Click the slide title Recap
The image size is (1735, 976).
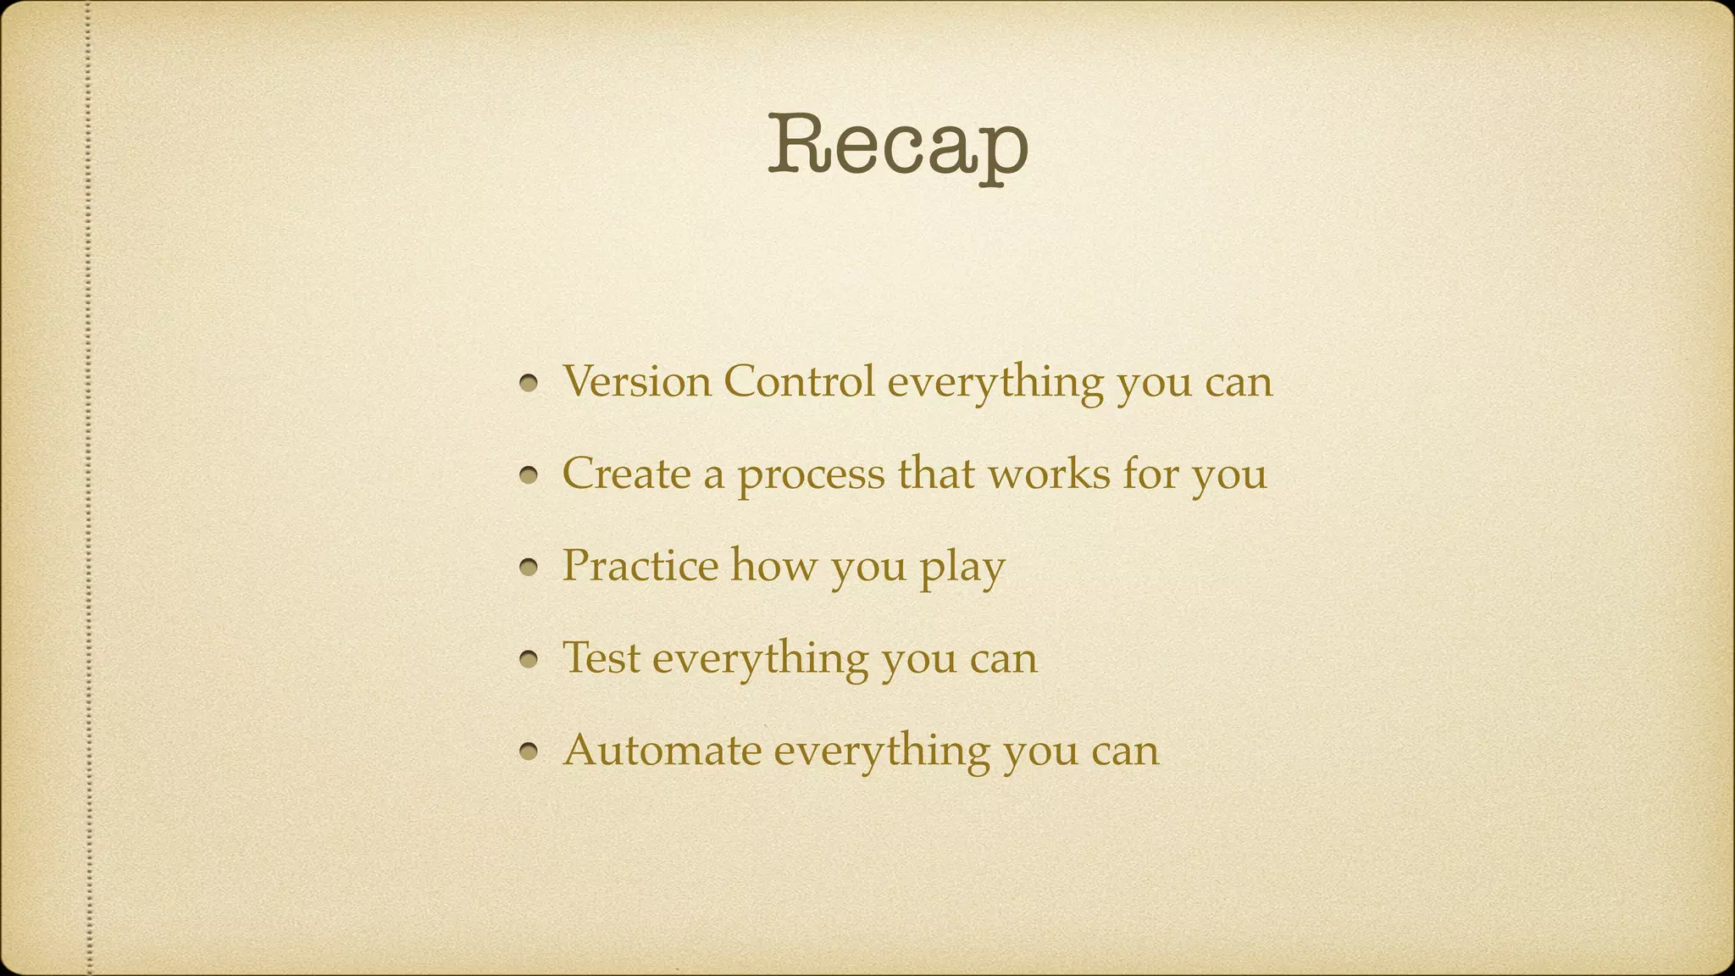pyautogui.click(x=898, y=146)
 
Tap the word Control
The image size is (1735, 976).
pyautogui.click(x=798, y=381)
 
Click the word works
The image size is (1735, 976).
pyautogui.click(x=1049, y=473)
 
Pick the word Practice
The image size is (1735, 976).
pyautogui.click(x=640, y=565)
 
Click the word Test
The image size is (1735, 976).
pyautogui.click(x=601, y=657)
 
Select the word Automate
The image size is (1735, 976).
pyautogui.click(x=662, y=750)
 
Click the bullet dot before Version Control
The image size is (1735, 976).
pyautogui.click(x=529, y=384)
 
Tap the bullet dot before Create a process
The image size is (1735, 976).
pyautogui.click(x=529, y=475)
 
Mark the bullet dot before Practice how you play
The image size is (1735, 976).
pyautogui.click(x=529, y=568)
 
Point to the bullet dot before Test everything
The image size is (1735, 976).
pyautogui.click(x=529, y=659)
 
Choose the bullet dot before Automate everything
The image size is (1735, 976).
pyautogui.click(x=529, y=751)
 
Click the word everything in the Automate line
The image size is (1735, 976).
pyautogui.click(x=881, y=751)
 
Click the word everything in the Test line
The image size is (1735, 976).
pyautogui.click(x=760, y=659)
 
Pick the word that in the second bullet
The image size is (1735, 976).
pyautogui.click(x=936, y=473)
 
